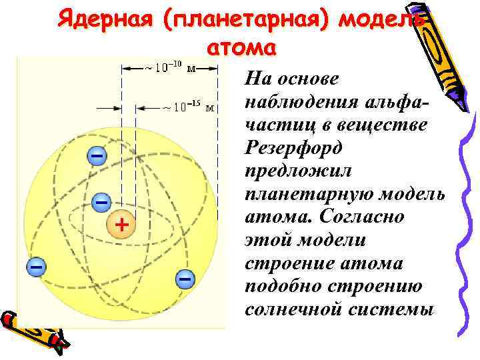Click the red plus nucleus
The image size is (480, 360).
(121, 225)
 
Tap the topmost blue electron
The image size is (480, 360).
(97, 156)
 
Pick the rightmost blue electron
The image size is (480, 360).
(185, 277)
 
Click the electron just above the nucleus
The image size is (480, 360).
(101, 201)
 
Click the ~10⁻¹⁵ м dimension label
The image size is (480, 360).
(189, 107)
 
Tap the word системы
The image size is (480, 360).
(389, 310)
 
